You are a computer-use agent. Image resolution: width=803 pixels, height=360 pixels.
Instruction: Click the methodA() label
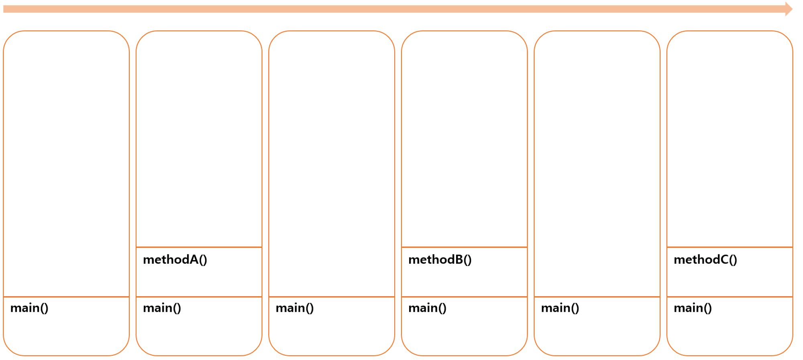click(x=175, y=260)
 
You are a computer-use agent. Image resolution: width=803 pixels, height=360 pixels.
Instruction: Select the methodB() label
click(x=440, y=260)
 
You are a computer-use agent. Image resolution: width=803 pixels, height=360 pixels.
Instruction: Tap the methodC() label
click(x=705, y=260)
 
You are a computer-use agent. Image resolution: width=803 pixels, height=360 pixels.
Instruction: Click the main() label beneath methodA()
click(x=162, y=308)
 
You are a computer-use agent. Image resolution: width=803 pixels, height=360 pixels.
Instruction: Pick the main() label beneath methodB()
click(x=428, y=308)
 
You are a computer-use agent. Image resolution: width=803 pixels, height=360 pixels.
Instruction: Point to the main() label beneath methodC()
click(x=693, y=308)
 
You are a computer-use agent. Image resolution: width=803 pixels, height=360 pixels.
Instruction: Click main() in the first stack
click(x=29, y=308)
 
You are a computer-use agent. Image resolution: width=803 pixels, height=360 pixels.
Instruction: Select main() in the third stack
click(x=295, y=308)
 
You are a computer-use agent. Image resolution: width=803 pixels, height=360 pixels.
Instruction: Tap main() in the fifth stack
click(x=560, y=308)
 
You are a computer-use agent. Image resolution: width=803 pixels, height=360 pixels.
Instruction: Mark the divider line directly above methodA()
click(x=199, y=247)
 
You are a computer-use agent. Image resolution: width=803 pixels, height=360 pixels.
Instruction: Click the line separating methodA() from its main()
click(x=199, y=297)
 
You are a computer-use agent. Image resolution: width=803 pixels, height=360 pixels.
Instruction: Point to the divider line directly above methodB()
click(x=465, y=247)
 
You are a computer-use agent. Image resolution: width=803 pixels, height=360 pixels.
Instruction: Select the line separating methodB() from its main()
click(x=465, y=297)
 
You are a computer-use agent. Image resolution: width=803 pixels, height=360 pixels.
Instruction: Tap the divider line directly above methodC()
click(x=730, y=247)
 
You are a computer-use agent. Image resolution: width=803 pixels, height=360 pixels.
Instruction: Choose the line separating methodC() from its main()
click(x=730, y=297)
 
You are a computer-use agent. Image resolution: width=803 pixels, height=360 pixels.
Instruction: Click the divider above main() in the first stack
click(x=66, y=297)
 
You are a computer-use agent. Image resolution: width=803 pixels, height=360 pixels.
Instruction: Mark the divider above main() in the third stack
click(x=332, y=297)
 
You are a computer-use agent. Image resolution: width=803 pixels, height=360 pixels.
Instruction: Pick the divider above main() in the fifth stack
click(x=597, y=297)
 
